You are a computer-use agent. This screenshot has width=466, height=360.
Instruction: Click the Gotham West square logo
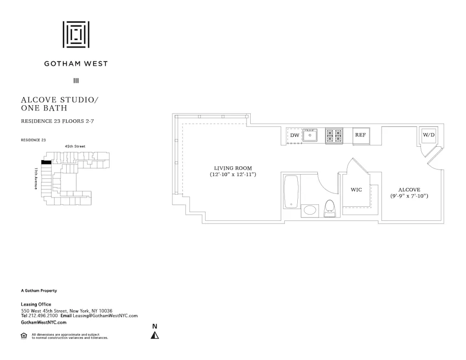coord(76,34)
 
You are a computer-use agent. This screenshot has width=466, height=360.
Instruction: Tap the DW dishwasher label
coord(295,136)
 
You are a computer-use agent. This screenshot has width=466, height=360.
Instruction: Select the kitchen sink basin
coord(310,136)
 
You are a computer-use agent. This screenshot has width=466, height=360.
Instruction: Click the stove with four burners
coord(334,136)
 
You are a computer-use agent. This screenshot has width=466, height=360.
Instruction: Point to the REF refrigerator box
coord(360,135)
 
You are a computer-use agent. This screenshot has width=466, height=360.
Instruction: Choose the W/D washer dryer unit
coord(428,135)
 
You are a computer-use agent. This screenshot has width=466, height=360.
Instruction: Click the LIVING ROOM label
coord(233,168)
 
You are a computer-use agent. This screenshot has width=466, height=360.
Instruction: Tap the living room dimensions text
coord(233,175)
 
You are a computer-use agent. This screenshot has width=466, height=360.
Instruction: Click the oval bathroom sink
coord(309,210)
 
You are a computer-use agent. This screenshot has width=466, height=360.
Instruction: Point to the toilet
coord(329,208)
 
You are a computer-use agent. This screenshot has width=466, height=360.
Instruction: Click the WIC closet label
coord(356,190)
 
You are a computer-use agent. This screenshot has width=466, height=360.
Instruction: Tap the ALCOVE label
coord(409,190)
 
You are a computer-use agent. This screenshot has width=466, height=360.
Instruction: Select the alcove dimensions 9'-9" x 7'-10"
coord(409,196)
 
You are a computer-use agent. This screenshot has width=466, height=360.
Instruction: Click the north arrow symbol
coord(155,335)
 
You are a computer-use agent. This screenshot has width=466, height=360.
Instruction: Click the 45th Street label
coord(75,147)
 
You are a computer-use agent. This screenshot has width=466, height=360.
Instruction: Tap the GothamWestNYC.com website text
coord(44,322)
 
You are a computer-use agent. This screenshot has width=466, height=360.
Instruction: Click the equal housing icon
coord(24,335)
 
